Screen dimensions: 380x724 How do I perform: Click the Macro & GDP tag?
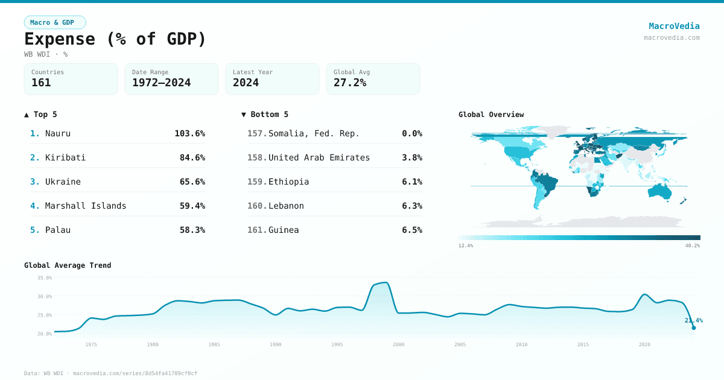55,22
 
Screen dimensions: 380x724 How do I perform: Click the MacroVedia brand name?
674,26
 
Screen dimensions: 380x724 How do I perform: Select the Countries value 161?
41,83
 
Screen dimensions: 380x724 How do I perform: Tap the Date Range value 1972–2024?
161,83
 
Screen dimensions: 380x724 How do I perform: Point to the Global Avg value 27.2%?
349,83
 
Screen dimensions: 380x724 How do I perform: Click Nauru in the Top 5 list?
58,133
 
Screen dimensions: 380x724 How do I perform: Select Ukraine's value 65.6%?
192,182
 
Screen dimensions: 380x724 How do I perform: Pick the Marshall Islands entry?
86,206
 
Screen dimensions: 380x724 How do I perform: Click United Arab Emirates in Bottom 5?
319,157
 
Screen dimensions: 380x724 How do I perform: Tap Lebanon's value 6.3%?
411,206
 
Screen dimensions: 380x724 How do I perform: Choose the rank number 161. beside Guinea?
257,230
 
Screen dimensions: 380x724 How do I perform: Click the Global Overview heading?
491,115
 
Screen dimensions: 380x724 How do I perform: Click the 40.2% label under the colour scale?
693,245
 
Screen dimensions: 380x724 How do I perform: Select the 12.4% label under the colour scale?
466,245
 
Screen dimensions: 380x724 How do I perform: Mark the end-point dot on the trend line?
693,328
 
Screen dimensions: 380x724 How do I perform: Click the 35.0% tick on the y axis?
45,278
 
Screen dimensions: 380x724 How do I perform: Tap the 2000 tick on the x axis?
398,344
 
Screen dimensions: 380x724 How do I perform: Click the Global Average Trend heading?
68,265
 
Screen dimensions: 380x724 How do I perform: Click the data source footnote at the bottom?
110,373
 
